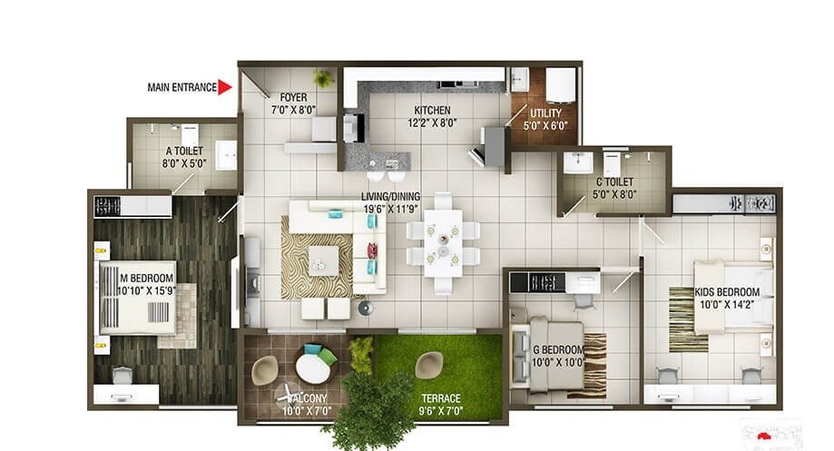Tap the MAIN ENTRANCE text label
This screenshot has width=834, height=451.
[182, 88]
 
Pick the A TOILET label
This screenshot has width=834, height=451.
[186, 152]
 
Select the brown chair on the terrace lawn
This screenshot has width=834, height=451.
[428, 365]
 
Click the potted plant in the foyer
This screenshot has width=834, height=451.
[322, 78]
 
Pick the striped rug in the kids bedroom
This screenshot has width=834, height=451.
[688, 319]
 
